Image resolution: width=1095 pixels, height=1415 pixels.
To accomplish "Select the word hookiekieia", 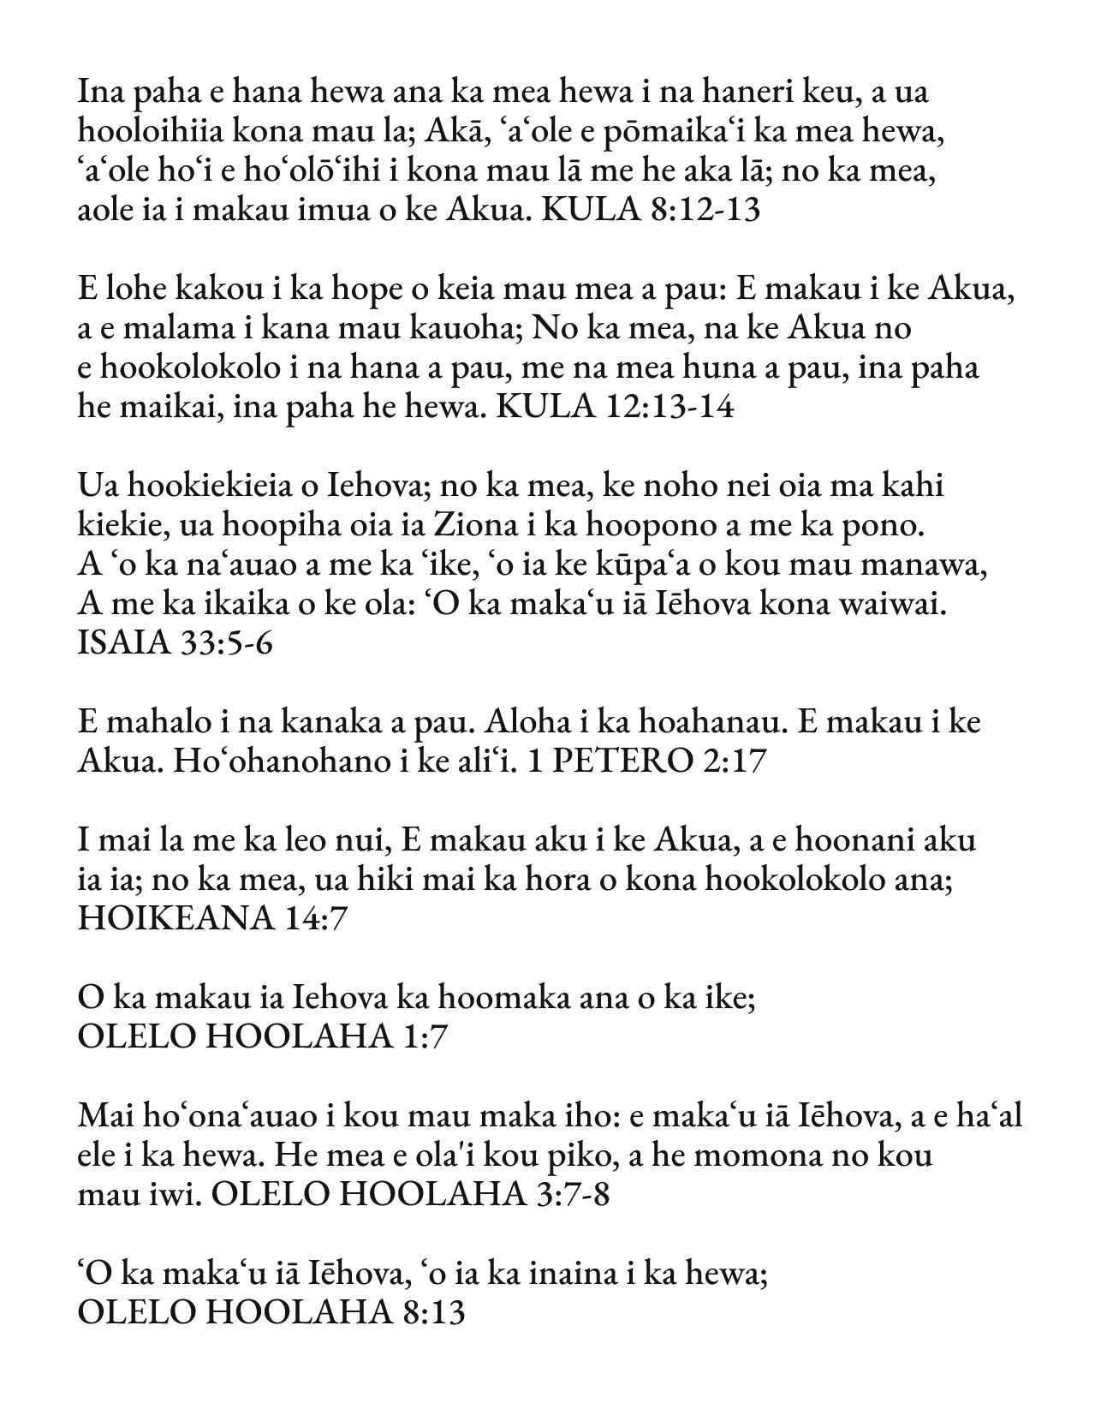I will point(204,486).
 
